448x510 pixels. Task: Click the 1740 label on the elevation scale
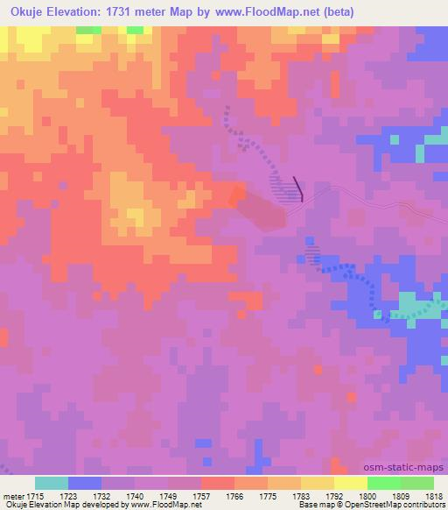click(x=135, y=495)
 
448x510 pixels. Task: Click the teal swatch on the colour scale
click(x=51, y=483)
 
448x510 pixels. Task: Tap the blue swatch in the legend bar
click(x=85, y=483)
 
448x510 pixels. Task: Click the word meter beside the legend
click(x=14, y=495)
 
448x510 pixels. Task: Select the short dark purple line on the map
click(x=297, y=188)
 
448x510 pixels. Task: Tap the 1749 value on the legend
click(x=167, y=495)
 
